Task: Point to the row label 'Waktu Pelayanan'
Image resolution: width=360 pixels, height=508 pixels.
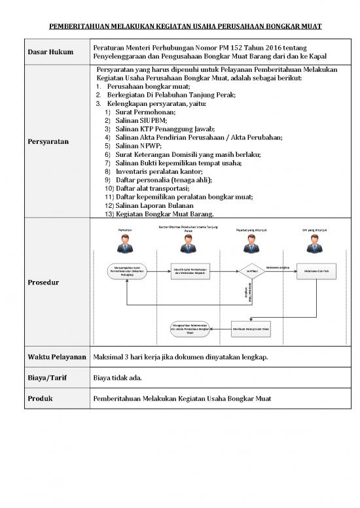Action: (x=57, y=358)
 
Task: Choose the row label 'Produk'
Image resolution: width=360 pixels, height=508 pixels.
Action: (x=41, y=398)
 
